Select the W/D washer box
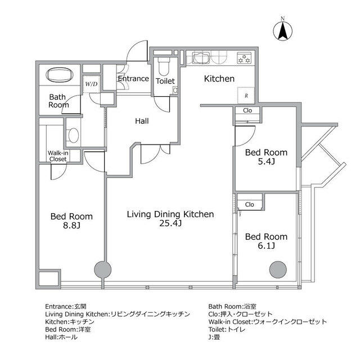(x=91, y=84)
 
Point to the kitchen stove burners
(x=245, y=58)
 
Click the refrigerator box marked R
(x=246, y=96)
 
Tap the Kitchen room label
(x=219, y=79)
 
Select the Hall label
(x=141, y=120)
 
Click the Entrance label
(x=133, y=79)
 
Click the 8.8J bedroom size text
(x=71, y=226)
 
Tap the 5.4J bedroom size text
(x=267, y=162)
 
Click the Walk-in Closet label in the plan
(x=57, y=156)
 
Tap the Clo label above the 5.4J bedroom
(x=247, y=110)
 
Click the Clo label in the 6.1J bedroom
(x=250, y=204)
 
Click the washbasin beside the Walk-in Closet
(x=73, y=136)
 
